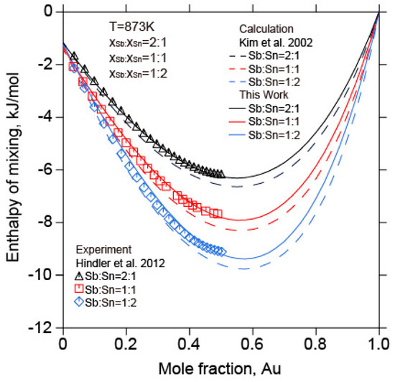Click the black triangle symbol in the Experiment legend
[80, 275]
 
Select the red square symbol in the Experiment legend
[80, 289]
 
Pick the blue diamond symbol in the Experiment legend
[80, 302]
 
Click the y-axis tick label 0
[49, 11]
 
